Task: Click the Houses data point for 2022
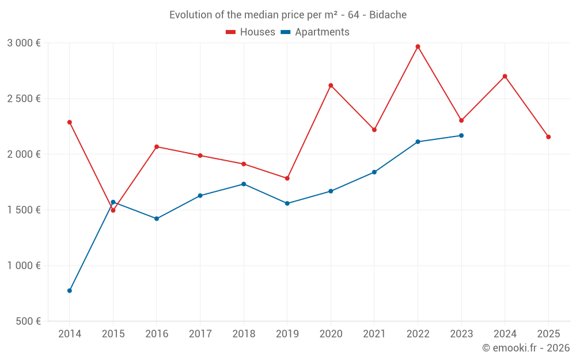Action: (418, 47)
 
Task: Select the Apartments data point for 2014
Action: (70, 290)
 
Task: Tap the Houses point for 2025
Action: (548, 137)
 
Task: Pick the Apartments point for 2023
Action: (461, 135)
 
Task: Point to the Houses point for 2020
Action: (331, 85)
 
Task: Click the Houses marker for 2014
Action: (70, 122)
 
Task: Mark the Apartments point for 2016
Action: (157, 219)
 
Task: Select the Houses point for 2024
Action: (505, 76)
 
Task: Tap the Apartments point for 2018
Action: (244, 184)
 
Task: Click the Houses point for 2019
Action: (287, 178)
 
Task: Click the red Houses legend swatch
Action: (231, 32)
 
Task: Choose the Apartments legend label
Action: (322, 32)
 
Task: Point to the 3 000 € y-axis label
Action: (24, 43)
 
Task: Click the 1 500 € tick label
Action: (24, 210)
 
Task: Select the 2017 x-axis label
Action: (200, 334)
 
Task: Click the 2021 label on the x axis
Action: (374, 334)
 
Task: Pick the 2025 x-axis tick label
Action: (548, 334)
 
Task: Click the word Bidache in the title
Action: (388, 15)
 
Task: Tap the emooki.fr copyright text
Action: (526, 348)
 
